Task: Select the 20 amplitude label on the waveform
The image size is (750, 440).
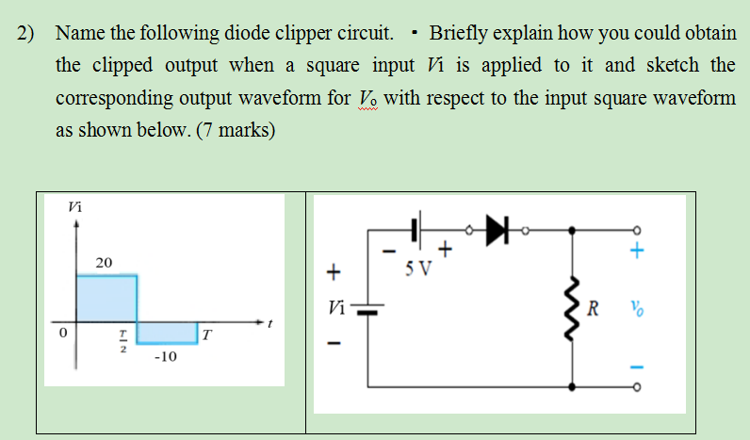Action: click(105, 261)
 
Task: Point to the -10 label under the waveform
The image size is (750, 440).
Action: click(164, 357)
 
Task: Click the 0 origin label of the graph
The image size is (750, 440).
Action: click(63, 334)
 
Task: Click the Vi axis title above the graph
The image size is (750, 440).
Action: click(75, 206)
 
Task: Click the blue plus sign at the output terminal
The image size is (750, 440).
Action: click(639, 252)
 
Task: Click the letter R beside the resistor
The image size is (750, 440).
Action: click(592, 307)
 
